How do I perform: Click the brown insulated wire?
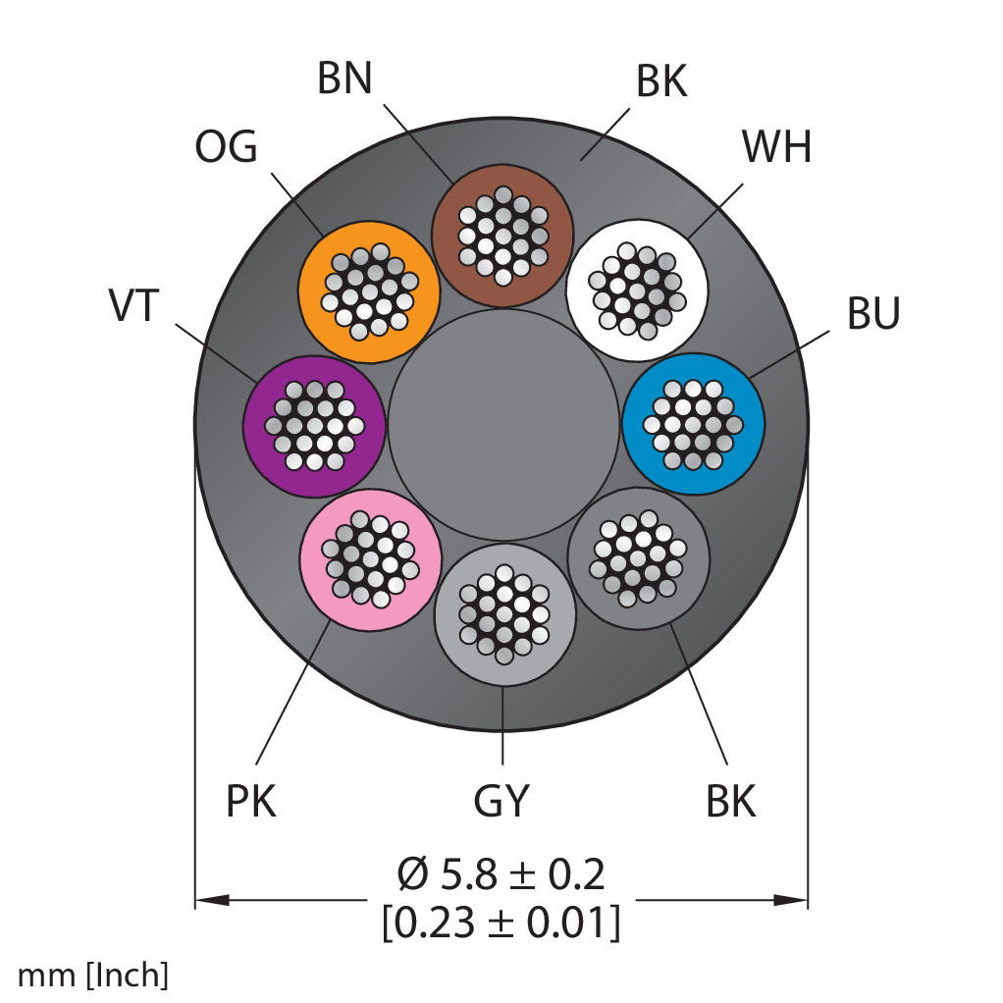click(x=502, y=236)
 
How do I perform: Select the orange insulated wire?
click(x=369, y=291)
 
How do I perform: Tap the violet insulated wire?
click(x=314, y=426)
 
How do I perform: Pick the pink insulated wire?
click(x=370, y=559)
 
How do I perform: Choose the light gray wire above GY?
click(x=504, y=614)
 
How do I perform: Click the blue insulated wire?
click(x=694, y=423)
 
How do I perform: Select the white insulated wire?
click(x=637, y=290)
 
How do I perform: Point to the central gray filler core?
click(x=504, y=425)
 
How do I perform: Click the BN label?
click(x=344, y=79)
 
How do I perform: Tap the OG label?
click(x=226, y=146)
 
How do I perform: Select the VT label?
click(x=133, y=305)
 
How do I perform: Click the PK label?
click(x=251, y=801)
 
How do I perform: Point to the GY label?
click(x=501, y=801)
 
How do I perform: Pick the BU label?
click(x=873, y=313)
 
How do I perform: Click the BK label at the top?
click(x=661, y=81)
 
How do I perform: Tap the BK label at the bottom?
click(x=731, y=801)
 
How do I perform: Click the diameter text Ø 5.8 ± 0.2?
click(x=501, y=874)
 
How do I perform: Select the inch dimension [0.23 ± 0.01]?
click(x=501, y=923)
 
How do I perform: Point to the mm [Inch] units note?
click(x=93, y=976)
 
